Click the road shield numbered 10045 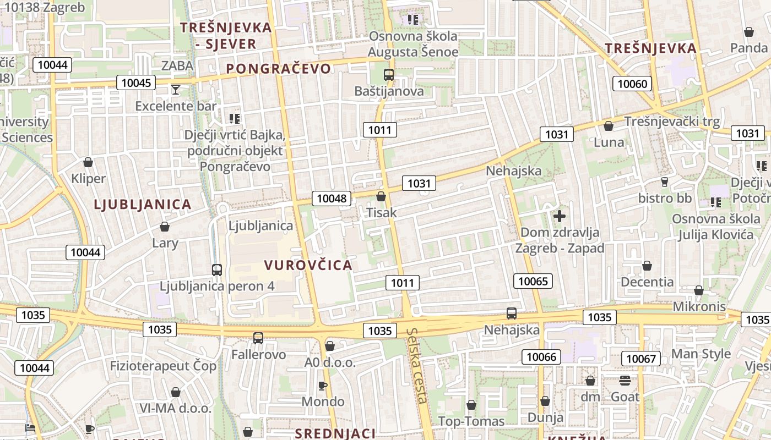[x=135, y=83]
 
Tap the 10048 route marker [x=332, y=199]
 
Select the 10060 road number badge [x=632, y=84]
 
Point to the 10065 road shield [x=533, y=282]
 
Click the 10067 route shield [x=640, y=359]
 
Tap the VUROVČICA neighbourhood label [x=308, y=265]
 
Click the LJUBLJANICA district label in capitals [x=143, y=205]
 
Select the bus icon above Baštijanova [x=389, y=75]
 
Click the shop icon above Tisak [x=381, y=196]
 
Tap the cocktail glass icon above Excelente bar [x=176, y=90]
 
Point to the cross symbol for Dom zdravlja [x=560, y=216]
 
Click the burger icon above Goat [x=625, y=381]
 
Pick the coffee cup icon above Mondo [x=323, y=386]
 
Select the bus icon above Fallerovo [x=258, y=338]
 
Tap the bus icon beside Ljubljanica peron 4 [x=217, y=270]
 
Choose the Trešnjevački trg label [x=671, y=122]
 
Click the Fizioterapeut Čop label [x=163, y=366]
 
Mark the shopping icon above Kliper [x=88, y=162]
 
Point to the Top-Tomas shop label [x=471, y=421]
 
